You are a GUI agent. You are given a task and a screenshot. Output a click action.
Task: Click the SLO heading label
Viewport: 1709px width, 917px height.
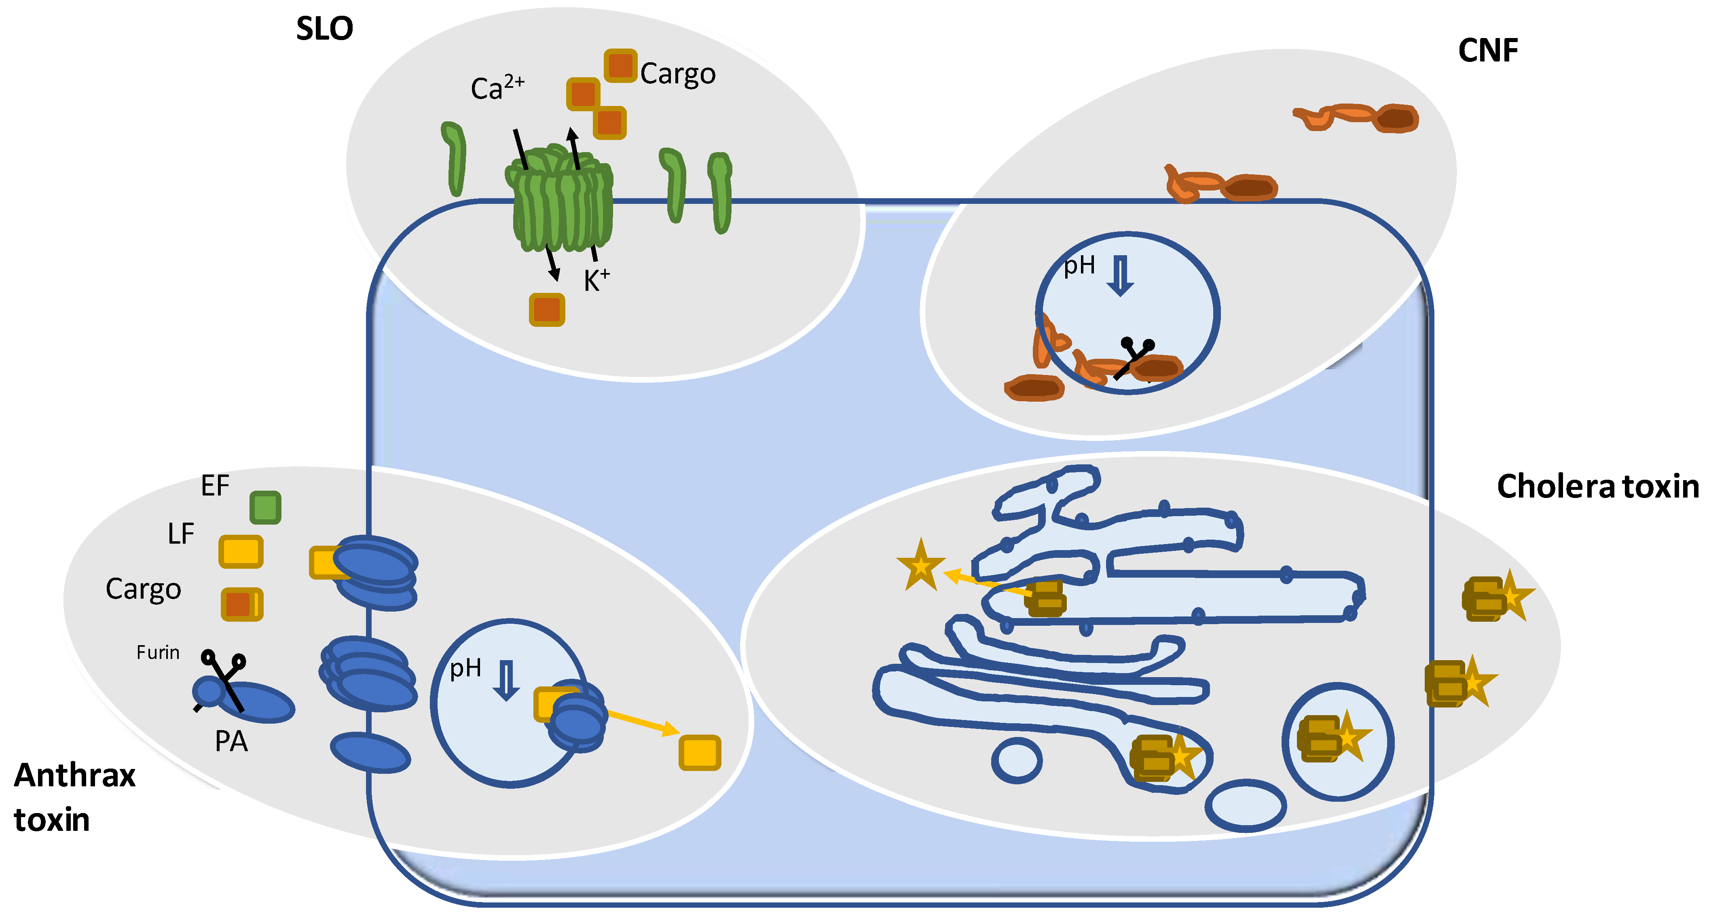coord(324,29)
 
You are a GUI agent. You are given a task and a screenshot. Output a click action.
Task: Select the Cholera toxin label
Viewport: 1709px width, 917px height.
coord(1597,486)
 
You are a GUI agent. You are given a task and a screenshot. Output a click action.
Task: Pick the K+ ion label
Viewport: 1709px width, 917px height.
coord(596,280)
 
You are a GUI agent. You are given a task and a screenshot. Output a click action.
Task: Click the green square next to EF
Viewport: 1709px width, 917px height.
coord(265,508)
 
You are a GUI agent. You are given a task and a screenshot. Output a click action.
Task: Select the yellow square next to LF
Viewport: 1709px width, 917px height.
coord(241,551)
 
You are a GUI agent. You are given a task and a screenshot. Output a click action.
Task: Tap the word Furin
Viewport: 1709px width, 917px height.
coord(158,652)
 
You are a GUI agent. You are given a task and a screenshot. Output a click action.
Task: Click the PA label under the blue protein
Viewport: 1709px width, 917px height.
coord(231,741)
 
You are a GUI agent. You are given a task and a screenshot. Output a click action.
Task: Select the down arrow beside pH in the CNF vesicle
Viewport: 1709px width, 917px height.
coord(1121,276)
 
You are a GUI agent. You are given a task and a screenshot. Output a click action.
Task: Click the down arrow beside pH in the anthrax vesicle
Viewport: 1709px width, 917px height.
coord(506,680)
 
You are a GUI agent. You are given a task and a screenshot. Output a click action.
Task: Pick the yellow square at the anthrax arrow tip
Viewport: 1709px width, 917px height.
coord(699,752)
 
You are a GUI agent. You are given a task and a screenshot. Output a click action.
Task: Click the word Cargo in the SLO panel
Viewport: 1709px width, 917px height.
coord(677,74)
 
